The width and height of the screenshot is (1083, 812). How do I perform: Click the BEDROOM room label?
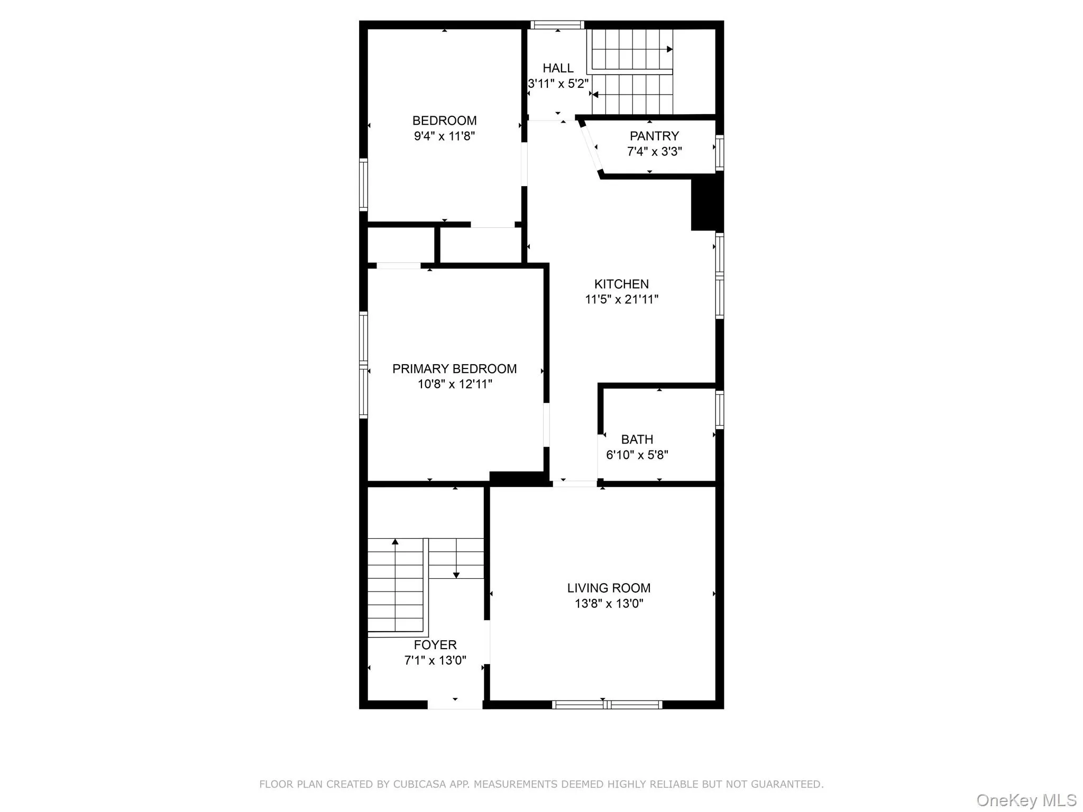[444, 121]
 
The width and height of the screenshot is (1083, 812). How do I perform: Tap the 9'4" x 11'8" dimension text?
[444, 136]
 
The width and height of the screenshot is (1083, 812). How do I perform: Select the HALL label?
[558, 68]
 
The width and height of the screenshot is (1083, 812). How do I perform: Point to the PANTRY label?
[654, 136]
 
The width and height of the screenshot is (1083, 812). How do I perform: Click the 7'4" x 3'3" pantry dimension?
[654, 152]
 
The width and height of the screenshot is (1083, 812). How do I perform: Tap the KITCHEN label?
[621, 284]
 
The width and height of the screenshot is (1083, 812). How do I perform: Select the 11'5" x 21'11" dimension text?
[621, 299]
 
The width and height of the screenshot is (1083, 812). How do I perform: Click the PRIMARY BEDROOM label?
[454, 368]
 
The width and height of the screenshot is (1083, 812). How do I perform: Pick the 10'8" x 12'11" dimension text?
[455, 384]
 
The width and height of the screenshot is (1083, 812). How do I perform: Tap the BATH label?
[637, 439]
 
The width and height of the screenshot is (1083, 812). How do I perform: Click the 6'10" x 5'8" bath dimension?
[637, 455]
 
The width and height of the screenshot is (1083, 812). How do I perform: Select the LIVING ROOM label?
[609, 588]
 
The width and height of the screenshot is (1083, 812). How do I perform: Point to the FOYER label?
[435, 645]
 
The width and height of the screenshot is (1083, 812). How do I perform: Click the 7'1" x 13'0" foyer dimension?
[435, 660]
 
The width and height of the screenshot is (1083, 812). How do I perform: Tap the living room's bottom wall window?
[607, 704]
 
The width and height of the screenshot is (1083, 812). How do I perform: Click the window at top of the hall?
[557, 25]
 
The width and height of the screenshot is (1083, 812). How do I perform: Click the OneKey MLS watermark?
[1026, 800]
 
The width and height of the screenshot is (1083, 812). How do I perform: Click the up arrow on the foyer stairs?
[395, 542]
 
